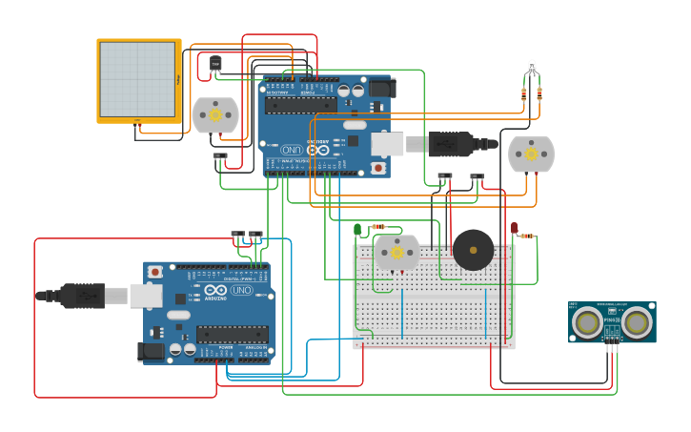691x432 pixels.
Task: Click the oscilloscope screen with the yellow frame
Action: pos(138,80)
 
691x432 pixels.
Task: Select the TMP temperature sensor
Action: pos(215,64)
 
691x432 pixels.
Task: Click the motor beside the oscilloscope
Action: pos(215,114)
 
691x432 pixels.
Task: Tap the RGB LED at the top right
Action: pos(532,68)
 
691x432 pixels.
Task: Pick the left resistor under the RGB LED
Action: pos(523,93)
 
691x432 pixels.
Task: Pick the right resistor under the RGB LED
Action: pos(540,93)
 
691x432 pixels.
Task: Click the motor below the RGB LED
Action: pos(531,154)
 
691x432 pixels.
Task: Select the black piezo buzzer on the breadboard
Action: pos(473,250)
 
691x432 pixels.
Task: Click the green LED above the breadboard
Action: pos(357,229)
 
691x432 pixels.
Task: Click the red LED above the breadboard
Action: pos(514,229)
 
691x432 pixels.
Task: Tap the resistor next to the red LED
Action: pos(526,236)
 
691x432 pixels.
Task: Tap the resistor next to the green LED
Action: pos(378,227)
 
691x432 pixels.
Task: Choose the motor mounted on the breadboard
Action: pos(396,253)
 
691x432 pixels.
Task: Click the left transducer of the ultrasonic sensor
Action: pos(588,323)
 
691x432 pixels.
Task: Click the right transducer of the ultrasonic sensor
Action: pos(639,323)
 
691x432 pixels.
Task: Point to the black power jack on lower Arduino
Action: pos(150,351)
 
